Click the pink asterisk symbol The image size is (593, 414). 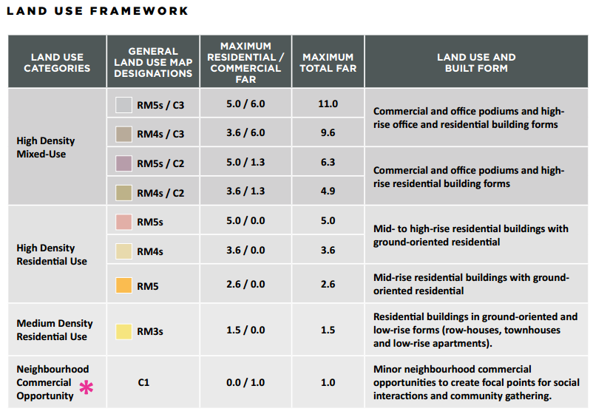[x=87, y=387]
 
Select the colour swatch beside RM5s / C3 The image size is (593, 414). [x=123, y=105]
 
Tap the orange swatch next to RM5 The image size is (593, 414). [x=123, y=285]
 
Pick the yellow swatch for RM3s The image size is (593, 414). [x=123, y=331]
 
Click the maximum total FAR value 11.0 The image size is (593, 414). [x=328, y=103]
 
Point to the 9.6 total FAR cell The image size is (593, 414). [x=328, y=132]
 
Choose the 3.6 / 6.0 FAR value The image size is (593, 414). [x=245, y=132]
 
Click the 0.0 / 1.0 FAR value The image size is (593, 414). [x=245, y=382]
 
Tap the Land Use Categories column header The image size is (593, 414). [x=57, y=62]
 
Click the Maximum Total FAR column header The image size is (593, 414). [x=328, y=62]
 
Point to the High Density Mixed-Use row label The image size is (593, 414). [x=46, y=147]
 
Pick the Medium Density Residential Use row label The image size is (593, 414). [x=55, y=330]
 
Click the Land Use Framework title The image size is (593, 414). [x=98, y=11]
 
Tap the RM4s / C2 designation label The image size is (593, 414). [x=160, y=193]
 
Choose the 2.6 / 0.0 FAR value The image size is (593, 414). [x=245, y=284]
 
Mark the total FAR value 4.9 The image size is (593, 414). [x=328, y=191]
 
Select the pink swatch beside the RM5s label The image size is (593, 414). [x=123, y=222]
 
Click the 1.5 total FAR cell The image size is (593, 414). [x=328, y=330]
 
